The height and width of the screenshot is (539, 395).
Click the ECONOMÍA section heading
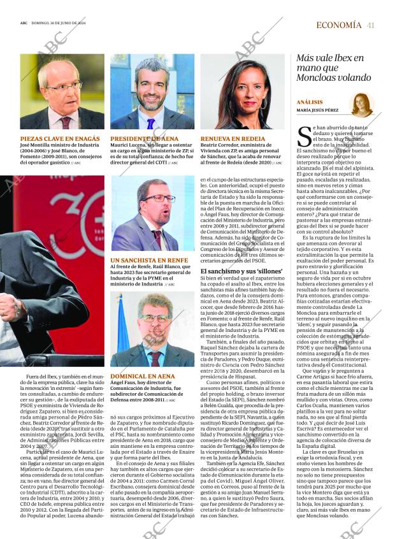click(339, 25)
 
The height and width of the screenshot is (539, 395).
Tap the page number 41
click(371, 25)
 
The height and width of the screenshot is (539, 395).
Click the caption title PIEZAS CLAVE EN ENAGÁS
click(60, 138)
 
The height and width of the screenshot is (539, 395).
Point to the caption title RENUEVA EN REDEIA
click(233, 138)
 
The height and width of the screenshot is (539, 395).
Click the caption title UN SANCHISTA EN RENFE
click(149, 261)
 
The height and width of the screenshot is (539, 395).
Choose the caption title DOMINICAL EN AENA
click(142, 377)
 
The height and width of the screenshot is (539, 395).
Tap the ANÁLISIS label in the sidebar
click(310, 102)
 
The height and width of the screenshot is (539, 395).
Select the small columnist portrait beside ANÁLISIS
click(362, 104)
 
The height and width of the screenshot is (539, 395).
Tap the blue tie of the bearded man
click(151, 122)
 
